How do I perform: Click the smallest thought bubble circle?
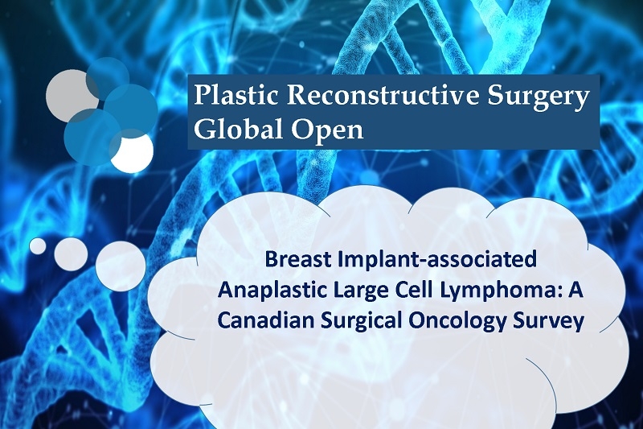click(38, 246)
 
